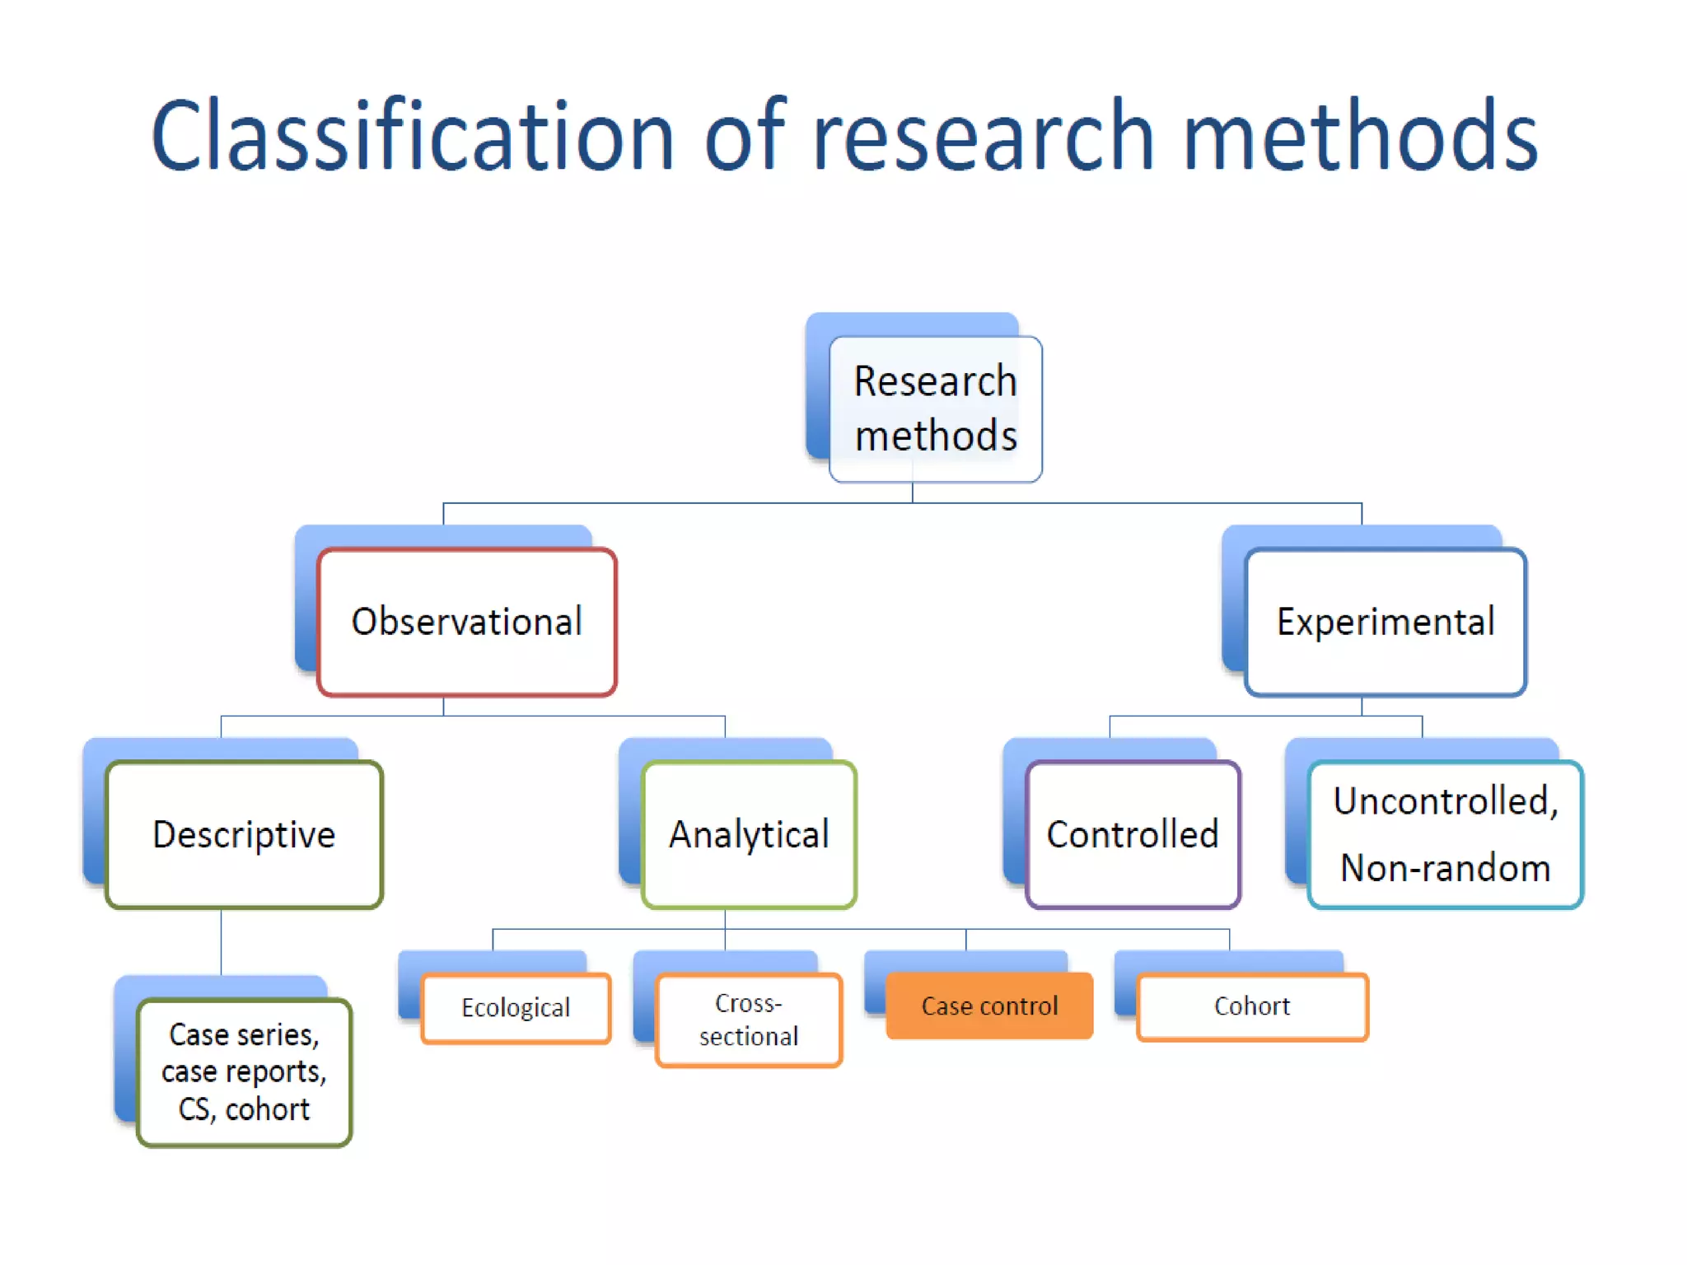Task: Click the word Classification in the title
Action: (412, 136)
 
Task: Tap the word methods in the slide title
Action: (1359, 136)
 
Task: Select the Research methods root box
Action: (935, 408)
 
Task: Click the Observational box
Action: (467, 622)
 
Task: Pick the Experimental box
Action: (1386, 622)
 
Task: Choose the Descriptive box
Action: (244, 834)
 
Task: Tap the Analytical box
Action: (749, 834)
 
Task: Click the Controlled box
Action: (1133, 834)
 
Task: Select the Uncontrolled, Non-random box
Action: (1445, 834)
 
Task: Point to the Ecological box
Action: (516, 1008)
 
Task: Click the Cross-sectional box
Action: (749, 1020)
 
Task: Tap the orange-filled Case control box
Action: (989, 1006)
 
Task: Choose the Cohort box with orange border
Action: (1252, 1006)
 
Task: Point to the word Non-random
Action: (1445, 868)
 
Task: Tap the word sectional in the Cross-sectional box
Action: (749, 1036)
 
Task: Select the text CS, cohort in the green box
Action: (244, 1109)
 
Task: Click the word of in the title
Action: (745, 136)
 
